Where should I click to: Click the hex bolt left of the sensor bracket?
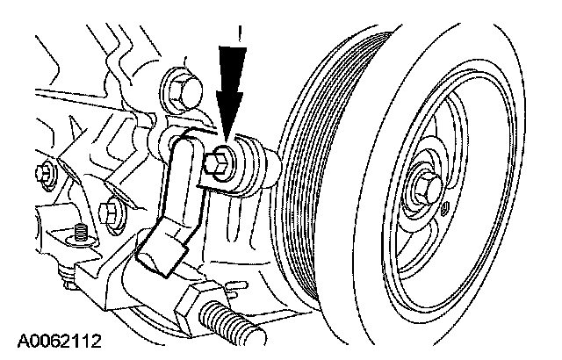110,212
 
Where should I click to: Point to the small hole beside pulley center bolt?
444,209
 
